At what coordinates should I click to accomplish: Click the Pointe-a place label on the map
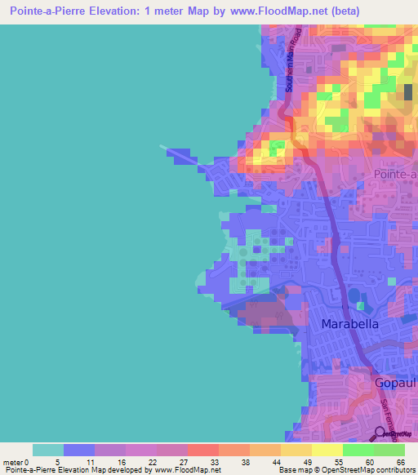[395, 175]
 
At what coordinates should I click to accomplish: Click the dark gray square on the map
[408, 91]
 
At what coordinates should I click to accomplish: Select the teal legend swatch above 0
[48, 450]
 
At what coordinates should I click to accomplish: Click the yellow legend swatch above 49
[295, 450]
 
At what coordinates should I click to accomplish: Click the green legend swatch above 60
[358, 450]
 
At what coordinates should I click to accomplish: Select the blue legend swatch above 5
[79, 450]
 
